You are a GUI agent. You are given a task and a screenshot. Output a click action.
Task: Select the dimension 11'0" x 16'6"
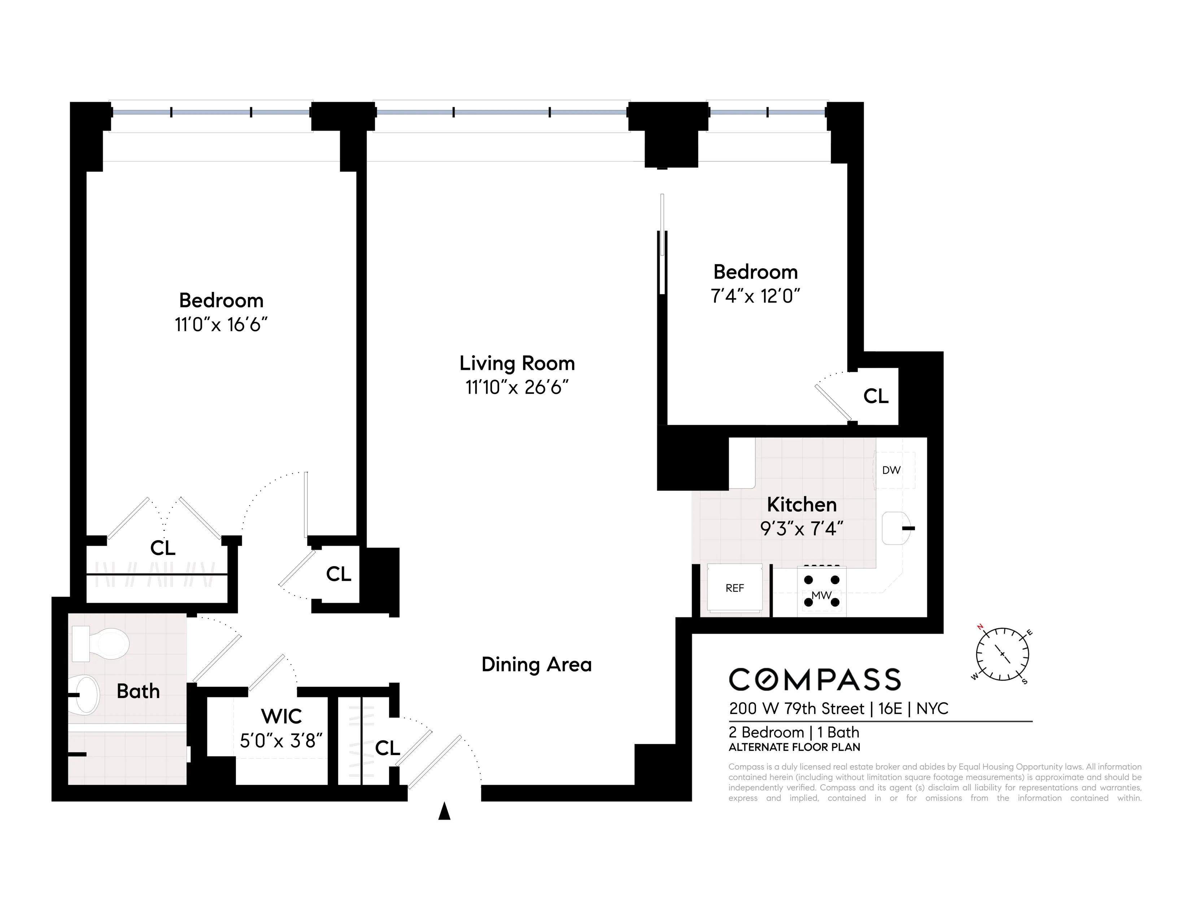(221, 325)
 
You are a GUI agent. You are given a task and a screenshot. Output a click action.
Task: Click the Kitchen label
(801, 505)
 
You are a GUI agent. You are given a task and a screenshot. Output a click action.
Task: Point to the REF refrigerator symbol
(734, 588)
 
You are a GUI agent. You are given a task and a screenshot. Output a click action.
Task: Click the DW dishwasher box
(891, 470)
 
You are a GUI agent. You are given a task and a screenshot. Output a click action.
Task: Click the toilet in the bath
(104, 644)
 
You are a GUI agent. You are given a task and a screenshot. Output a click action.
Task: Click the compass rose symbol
(1002, 653)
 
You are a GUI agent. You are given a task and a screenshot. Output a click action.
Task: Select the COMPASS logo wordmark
(815, 680)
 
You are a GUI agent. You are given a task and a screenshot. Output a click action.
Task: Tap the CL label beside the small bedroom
(875, 396)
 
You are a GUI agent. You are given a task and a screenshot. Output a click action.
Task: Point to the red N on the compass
(980, 627)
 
